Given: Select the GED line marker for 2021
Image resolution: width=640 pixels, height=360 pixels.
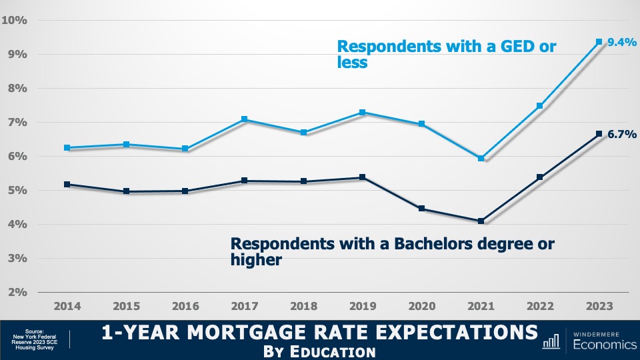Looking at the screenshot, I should [x=481, y=158].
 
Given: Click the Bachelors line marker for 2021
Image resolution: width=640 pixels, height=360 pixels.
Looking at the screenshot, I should [x=481, y=221].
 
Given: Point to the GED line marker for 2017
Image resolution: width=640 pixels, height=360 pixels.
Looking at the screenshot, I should [x=245, y=119].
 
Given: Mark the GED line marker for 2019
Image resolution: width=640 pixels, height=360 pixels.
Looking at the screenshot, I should [x=363, y=113].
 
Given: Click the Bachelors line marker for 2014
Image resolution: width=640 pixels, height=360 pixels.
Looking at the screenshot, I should [x=67, y=184].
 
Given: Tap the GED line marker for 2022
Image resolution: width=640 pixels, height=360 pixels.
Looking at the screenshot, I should [x=540, y=106].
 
